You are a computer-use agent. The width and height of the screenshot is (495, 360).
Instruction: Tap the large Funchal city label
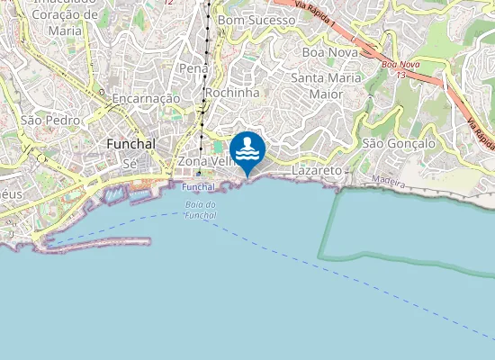coord(130,144)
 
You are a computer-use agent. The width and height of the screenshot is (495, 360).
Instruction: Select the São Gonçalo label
coord(398,143)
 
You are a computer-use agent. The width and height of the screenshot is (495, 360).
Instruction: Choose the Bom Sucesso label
coord(256,19)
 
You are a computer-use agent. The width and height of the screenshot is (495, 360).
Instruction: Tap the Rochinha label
coord(232,93)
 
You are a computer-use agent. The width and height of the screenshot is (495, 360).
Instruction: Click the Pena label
coord(193,68)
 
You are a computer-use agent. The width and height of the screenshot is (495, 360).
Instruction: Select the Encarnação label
coord(146,97)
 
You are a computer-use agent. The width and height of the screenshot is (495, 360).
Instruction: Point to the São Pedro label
coord(50,120)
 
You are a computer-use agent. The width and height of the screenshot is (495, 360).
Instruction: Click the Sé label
coord(129,164)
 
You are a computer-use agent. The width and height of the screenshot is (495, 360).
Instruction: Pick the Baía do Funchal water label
coord(199,210)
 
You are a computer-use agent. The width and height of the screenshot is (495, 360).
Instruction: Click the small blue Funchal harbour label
coord(198,187)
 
